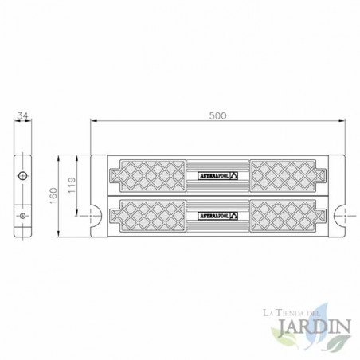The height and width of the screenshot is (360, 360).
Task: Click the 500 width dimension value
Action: (218, 115)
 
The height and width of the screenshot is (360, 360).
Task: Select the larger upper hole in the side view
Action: (23, 175)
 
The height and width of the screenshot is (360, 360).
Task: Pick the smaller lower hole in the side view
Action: (23, 215)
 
